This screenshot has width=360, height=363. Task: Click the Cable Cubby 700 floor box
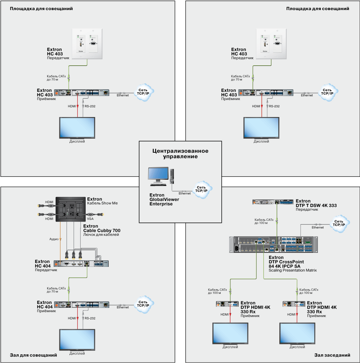coord(71,209)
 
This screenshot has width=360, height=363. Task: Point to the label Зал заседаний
coord(332,355)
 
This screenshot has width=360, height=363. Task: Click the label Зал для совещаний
coord(31,355)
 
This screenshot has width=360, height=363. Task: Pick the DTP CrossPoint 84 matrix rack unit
coord(274,244)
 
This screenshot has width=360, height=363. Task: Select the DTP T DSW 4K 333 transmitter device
coord(273,203)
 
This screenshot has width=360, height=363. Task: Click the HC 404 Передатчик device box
coord(81,263)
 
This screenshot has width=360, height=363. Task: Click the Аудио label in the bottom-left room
coord(54,239)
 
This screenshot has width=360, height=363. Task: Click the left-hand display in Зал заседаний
coord(230,334)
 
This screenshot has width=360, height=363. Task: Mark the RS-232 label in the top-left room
coord(90,106)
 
